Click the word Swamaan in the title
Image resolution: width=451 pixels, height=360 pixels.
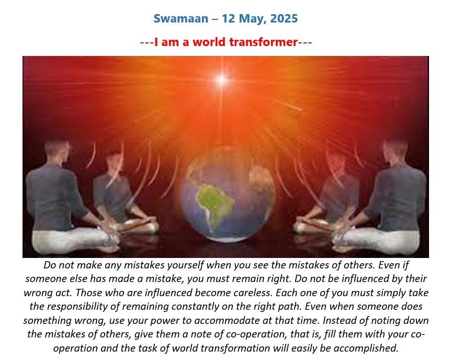(181, 19)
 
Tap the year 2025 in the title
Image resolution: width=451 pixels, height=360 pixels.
(284, 19)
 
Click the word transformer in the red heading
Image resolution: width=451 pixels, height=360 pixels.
(263, 42)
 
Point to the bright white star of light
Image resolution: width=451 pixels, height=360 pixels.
(221, 80)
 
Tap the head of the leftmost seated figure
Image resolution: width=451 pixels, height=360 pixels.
(58, 151)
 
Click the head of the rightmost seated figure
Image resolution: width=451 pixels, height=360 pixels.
(395, 151)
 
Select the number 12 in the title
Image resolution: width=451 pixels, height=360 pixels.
(229, 19)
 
